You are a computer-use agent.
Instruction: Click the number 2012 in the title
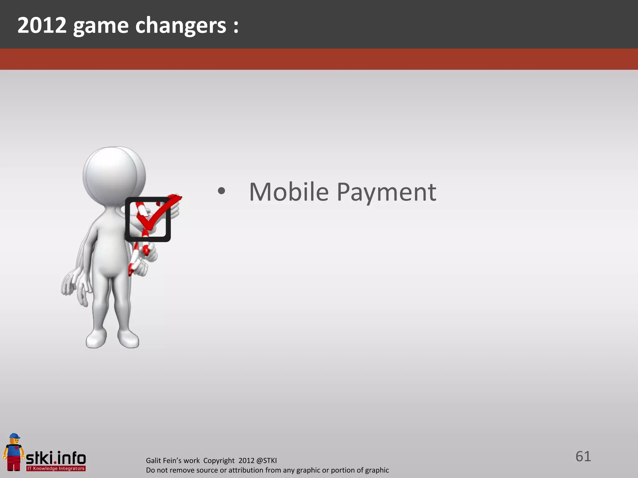click(x=42, y=25)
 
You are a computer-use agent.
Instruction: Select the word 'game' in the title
click(x=101, y=26)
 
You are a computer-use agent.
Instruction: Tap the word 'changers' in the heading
click(x=181, y=26)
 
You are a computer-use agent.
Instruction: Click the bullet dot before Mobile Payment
click(x=221, y=191)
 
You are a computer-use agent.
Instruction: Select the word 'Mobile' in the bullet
click(x=289, y=192)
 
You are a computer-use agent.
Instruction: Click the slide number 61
click(x=583, y=457)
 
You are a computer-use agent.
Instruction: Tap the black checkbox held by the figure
click(x=148, y=219)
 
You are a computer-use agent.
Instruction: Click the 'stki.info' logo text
click(x=56, y=458)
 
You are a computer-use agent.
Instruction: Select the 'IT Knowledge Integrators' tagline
click(x=56, y=468)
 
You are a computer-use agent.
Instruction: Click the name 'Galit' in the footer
click(x=153, y=461)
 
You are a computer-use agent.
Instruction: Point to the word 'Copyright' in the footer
click(x=219, y=461)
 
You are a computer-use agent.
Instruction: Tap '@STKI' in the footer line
click(x=266, y=461)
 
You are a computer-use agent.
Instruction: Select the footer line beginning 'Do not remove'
click(x=267, y=470)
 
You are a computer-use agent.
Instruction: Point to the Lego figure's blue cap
click(x=14, y=436)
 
